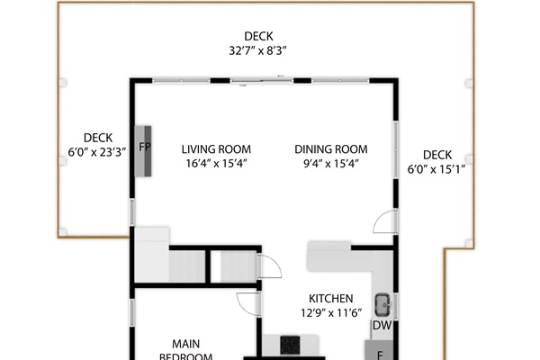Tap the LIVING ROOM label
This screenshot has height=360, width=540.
tap(216, 149)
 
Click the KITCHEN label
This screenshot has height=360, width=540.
tap(331, 299)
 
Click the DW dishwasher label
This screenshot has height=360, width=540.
tap(382, 325)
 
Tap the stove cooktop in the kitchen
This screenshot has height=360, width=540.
tap(291, 344)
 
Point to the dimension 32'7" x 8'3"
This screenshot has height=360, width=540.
tap(257, 51)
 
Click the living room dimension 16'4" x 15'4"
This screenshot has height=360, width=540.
tap(216, 164)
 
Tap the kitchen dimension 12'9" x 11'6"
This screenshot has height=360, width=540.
tap(331, 313)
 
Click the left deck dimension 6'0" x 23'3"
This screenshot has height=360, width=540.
tap(96, 152)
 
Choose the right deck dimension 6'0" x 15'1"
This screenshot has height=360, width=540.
tap(436, 169)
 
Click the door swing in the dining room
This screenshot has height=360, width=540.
tap(384, 221)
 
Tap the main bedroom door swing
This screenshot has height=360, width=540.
tap(247, 304)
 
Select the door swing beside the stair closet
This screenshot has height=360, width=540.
tap(269, 267)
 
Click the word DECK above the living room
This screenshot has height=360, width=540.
tap(257, 37)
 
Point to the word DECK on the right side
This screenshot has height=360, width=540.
tap(436, 155)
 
